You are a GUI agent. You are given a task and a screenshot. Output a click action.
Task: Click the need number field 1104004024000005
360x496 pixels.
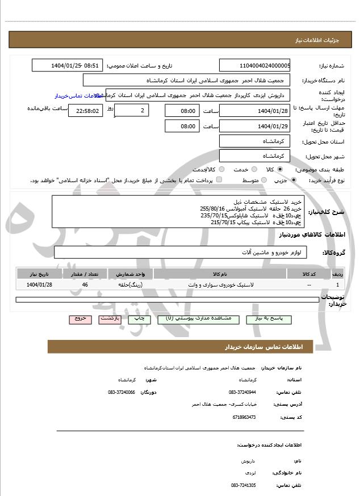pos(254,65)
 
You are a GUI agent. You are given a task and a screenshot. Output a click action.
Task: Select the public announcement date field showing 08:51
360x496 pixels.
pos(68,65)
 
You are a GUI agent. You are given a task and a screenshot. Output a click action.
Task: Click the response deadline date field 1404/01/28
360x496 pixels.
pos(254,111)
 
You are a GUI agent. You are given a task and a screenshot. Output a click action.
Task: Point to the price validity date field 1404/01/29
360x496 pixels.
pos(254,126)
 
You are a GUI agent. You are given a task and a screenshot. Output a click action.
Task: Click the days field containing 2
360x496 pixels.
pos(132,111)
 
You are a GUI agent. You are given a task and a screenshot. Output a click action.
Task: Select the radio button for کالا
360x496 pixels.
pos(280,169)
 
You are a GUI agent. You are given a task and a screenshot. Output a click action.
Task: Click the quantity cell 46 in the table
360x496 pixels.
pos(85,284)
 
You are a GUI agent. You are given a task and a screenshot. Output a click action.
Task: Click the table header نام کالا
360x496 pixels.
pos(220,274)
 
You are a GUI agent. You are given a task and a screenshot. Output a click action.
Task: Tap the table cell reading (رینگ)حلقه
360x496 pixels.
pos(131,284)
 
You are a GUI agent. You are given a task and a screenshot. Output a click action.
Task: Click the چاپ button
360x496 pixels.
pos(138,319)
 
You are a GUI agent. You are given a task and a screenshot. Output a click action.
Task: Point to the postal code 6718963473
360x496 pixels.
pos(244,417)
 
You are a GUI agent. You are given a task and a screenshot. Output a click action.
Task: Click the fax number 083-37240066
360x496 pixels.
pos(122,392)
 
